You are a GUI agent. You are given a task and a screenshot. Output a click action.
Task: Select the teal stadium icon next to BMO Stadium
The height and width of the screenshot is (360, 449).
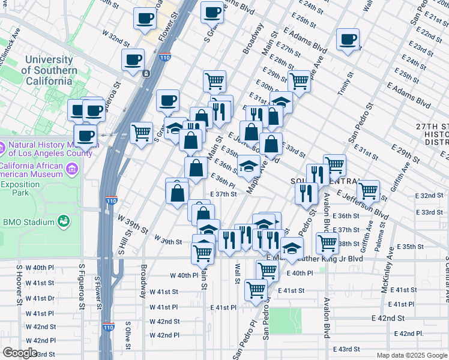[63, 223]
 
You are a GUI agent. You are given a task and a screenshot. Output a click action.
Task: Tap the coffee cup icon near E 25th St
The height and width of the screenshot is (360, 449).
[348, 40]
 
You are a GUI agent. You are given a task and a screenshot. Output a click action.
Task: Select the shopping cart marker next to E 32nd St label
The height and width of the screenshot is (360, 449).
[368, 190]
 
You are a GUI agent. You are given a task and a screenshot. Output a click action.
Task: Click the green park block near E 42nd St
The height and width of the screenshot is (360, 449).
[285, 320]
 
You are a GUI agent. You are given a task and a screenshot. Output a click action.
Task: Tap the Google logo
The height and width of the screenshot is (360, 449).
[19, 353]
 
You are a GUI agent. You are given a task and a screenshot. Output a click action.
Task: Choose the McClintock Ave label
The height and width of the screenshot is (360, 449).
[13, 41]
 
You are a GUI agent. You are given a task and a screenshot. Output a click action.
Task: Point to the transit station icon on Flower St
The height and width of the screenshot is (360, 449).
[146, 73]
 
